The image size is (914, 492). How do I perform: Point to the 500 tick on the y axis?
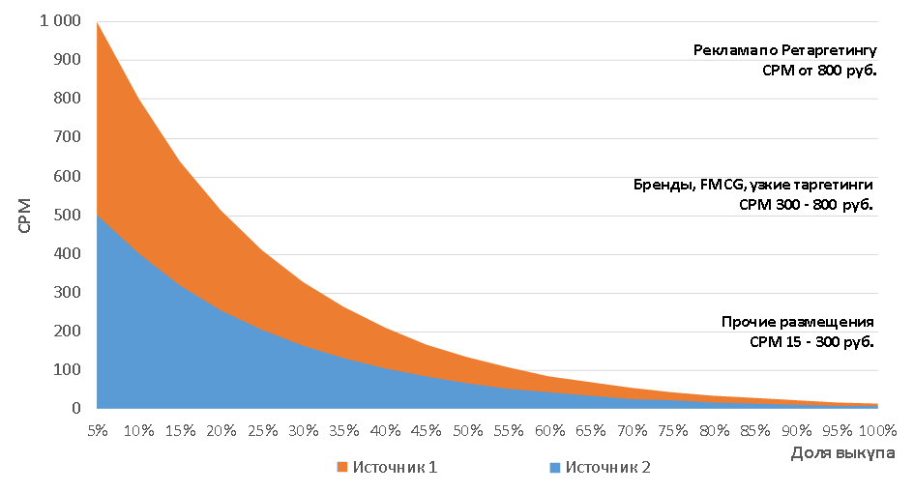(x=71, y=215)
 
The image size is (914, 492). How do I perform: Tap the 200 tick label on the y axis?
(x=71, y=331)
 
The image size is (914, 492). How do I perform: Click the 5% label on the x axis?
(x=98, y=429)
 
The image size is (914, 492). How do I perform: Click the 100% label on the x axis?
(x=877, y=429)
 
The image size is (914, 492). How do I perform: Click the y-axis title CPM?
(x=26, y=215)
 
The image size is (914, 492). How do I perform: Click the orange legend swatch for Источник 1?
(x=341, y=468)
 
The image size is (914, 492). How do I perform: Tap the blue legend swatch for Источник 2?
(x=554, y=468)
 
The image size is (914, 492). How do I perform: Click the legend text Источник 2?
(x=607, y=468)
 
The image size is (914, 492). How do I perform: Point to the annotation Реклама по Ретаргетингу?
(x=784, y=50)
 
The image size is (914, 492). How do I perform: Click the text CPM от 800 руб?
(x=818, y=70)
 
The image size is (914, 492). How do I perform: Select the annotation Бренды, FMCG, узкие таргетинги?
(x=753, y=185)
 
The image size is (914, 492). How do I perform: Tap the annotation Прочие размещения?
(x=798, y=322)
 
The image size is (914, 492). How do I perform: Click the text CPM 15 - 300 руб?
(x=811, y=341)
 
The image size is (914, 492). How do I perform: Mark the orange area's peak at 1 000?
(x=98, y=22)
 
